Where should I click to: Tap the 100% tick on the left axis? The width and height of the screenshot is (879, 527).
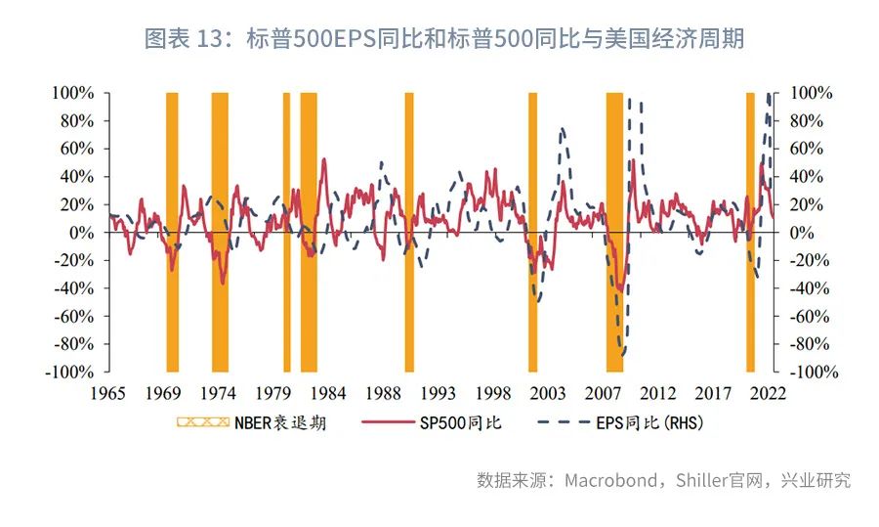tap(73, 93)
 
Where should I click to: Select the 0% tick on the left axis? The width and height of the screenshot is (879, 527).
tap(81, 233)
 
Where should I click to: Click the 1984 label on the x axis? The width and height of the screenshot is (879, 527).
tap(328, 393)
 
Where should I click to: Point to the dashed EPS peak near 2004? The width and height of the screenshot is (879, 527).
tap(563, 129)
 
